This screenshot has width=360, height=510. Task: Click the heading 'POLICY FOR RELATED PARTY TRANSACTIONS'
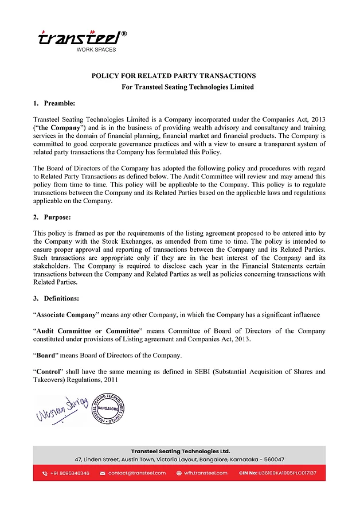tap(174, 76)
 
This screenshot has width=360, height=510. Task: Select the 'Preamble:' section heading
tap(59, 103)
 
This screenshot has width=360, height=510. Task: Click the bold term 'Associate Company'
tap(66, 315)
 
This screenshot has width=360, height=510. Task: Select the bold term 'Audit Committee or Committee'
tap(88, 331)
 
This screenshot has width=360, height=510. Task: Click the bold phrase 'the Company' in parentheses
tap(58, 127)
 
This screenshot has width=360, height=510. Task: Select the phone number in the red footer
tap(69, 473)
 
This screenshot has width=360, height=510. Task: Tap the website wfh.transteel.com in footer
tap(205, 473)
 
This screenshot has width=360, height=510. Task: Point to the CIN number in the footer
tap(285, 473)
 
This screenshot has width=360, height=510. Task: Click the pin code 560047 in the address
tap(273, 460)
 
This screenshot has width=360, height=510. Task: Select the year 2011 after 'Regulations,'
tap(112, 380)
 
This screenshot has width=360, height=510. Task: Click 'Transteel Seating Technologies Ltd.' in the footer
tap(180, 451)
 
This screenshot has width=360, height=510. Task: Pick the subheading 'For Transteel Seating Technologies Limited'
tap(187, 87)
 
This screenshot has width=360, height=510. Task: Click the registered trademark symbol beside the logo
tap(124, 34)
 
